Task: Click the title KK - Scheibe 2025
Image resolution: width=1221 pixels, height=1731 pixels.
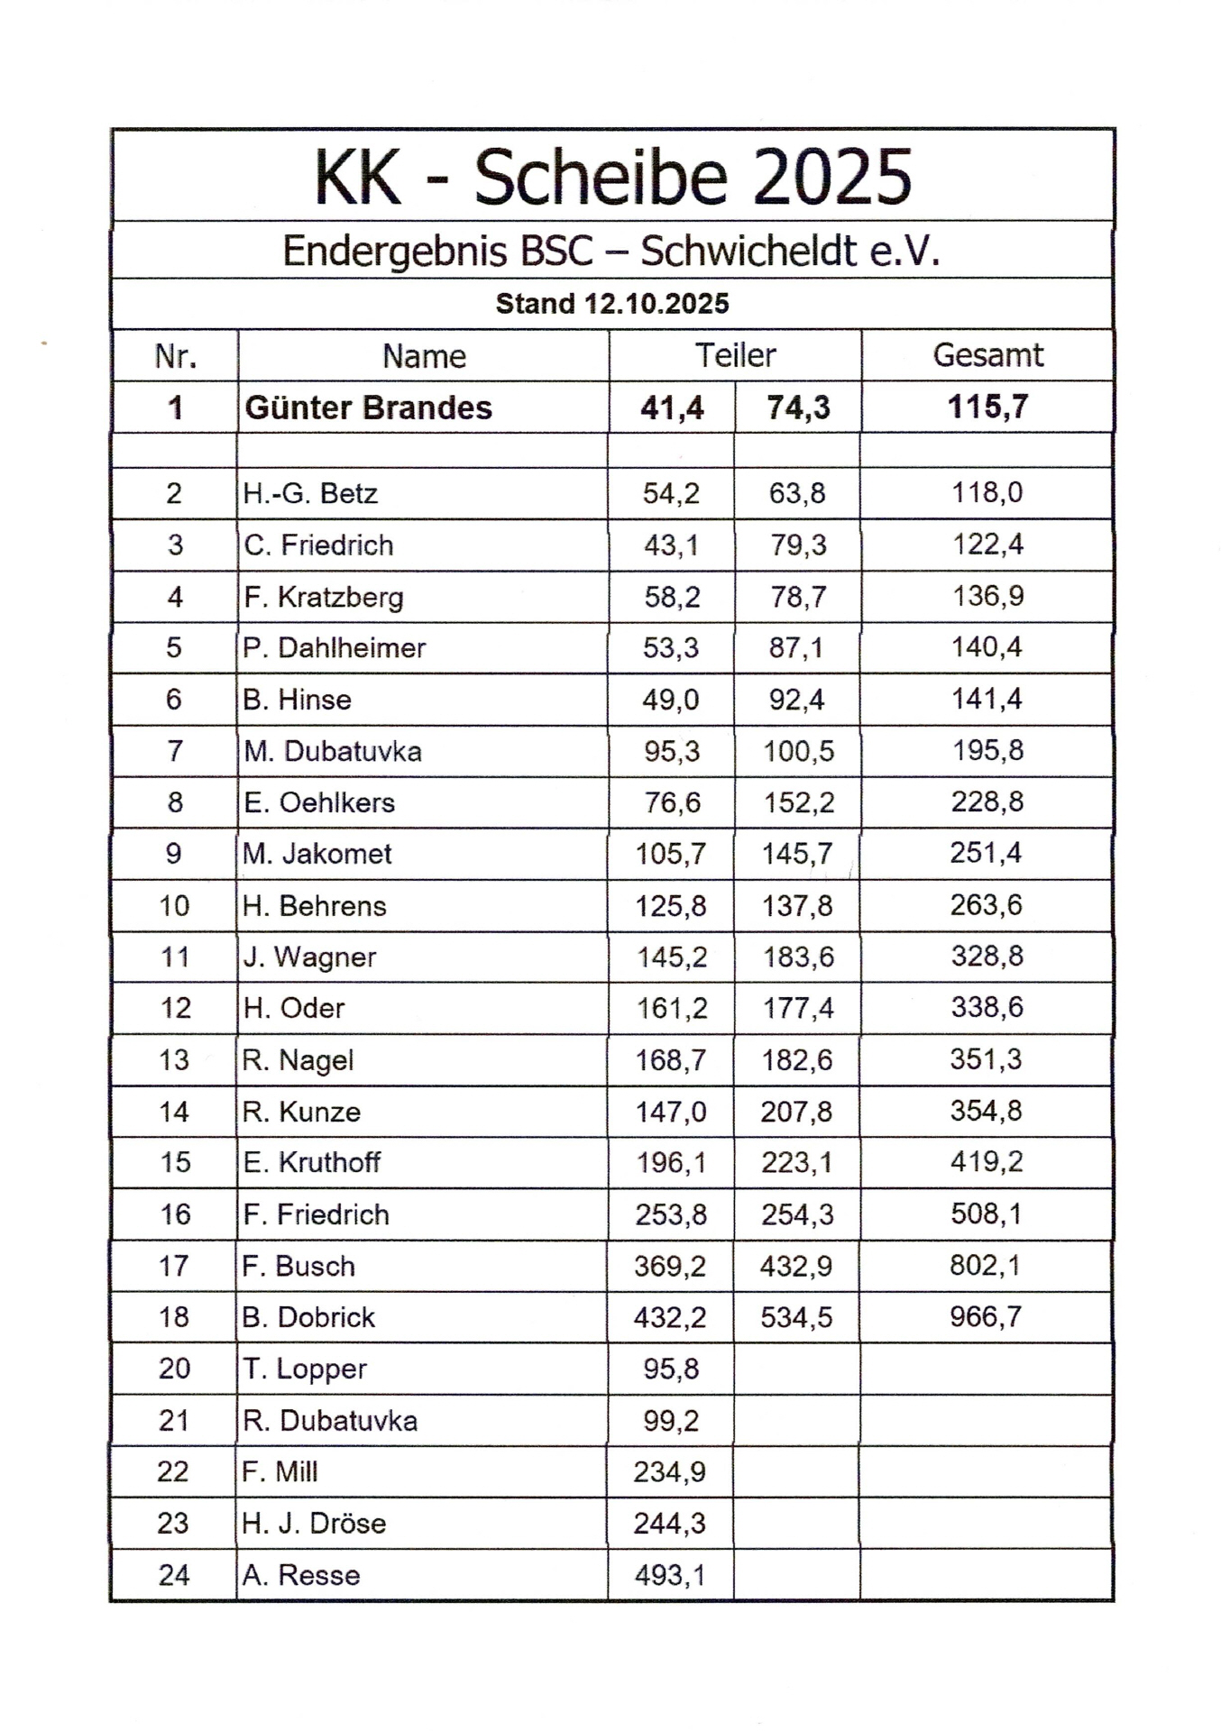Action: click(612, 178)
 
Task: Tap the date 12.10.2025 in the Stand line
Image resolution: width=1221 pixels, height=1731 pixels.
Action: click(656, 304)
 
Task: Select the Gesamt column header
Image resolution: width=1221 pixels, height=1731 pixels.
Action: click(987, 355)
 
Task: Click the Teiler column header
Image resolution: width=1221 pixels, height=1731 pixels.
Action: click(735, 355)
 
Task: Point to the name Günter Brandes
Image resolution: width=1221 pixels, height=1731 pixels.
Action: click(368, 408)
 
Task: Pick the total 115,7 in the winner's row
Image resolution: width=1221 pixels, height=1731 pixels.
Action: click(987, 407)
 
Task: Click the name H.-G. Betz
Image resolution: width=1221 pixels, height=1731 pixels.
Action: click(310, 493)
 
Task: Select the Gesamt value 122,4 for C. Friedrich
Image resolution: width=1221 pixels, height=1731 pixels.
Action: click(987, 545)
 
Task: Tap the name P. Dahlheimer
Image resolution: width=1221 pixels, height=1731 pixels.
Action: click(334, 647)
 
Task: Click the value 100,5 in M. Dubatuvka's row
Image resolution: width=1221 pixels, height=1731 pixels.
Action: click(798, 751)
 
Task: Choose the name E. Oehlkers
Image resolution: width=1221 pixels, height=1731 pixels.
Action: click(319, 802)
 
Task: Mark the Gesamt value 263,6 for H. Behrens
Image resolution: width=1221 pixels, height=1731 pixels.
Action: click(986, 905)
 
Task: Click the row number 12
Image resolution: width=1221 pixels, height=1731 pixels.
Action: click(175, 1008)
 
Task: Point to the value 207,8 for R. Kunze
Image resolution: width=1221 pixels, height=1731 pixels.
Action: click(796, 1112)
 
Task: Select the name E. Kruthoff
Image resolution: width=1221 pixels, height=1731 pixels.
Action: click(311, 1162)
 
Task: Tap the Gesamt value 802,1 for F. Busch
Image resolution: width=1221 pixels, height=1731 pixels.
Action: click(985, 1266)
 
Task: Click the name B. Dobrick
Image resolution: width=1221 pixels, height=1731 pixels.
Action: click(308, 1317)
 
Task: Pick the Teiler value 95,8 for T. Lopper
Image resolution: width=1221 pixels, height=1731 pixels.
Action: click(671, 1369)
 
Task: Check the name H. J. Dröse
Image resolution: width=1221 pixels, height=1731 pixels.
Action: click(314, 1524)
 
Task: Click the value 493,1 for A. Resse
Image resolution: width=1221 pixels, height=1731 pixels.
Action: click(669, 1575)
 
